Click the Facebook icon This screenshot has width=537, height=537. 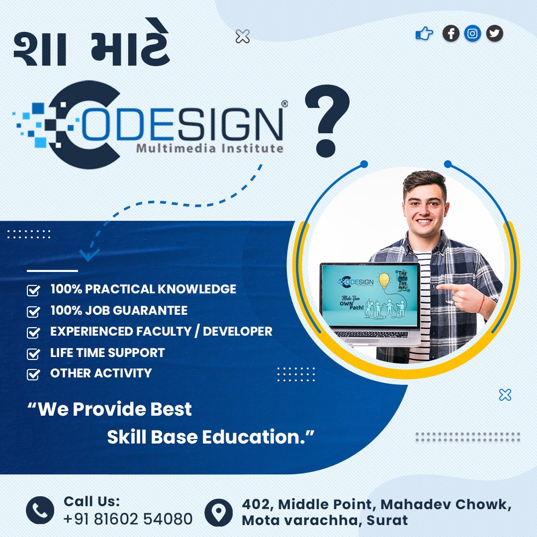click(451, 34)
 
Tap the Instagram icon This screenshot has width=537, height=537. click(473, 34)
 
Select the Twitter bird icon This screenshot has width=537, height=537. click(494, 34)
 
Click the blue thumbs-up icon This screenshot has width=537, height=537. click(424, 34)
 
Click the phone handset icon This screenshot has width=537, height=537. click(40, 510)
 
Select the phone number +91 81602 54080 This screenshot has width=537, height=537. click(128, 519)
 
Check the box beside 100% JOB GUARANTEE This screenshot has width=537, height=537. click(33, 312)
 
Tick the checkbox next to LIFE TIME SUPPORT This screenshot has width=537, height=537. click(33, 354)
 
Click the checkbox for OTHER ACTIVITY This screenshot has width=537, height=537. click(33, 374)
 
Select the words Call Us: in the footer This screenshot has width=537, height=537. click(91, 501)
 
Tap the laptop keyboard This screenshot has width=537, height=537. click(370, 334)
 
